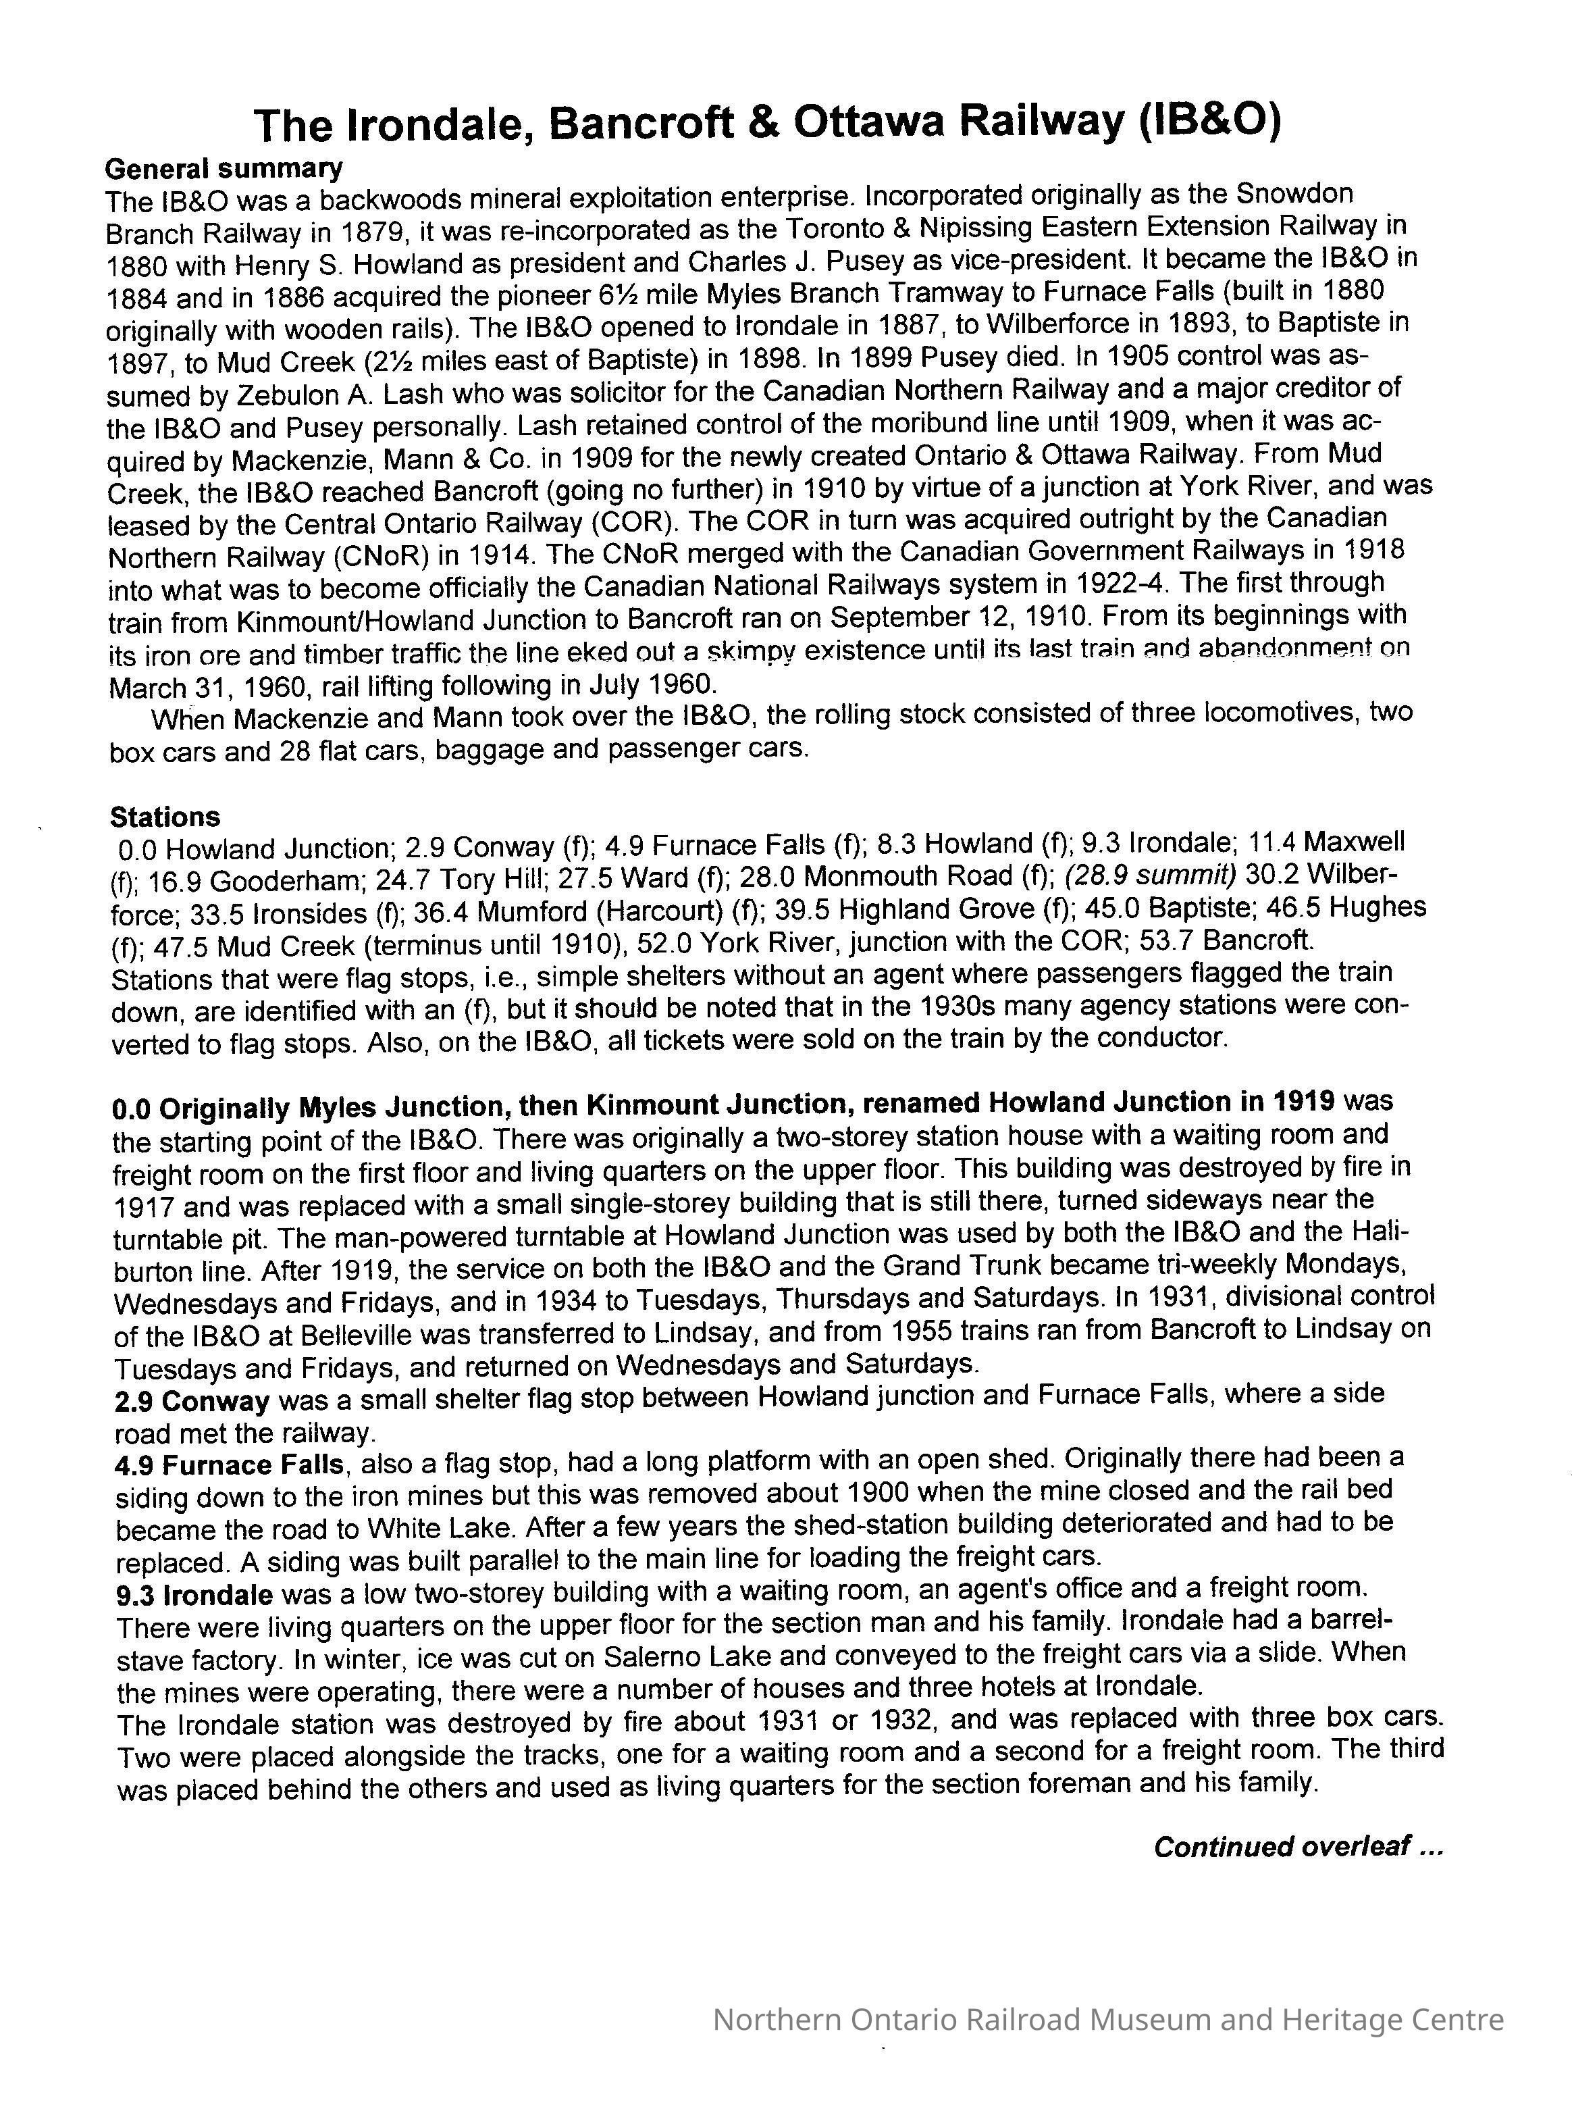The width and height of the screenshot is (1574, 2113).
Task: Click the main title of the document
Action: tap(767, 123)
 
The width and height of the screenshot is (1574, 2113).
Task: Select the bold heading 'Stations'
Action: tap(164, 817)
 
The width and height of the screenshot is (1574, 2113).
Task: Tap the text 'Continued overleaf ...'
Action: tap(1298, 1847)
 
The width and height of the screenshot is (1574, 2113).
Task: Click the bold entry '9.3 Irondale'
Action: tap(193, 1594)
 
